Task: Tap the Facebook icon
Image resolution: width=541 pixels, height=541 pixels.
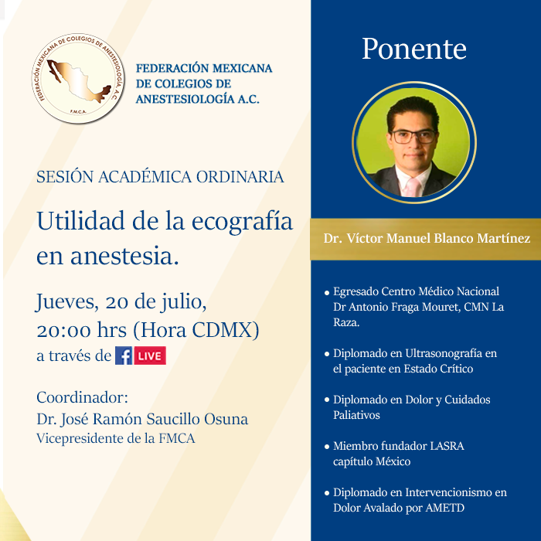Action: click(123, 356)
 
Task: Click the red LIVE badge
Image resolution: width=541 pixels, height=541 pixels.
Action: click(150, 356)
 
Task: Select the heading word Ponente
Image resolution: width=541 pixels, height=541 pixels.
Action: click(414, 49)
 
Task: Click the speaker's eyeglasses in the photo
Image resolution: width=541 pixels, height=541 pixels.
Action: click(413, 136)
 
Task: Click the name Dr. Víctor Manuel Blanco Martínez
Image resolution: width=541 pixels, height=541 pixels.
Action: click(427, 239)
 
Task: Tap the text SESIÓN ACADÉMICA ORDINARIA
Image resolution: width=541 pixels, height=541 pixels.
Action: click(160, 177)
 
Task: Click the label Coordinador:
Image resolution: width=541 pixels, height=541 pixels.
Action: click(82, 397)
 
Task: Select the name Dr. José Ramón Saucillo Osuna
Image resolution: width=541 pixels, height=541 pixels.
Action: click(142, 419)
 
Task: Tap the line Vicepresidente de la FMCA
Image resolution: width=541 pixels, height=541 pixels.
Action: click(116, 438)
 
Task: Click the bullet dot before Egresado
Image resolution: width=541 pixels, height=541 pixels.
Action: click(327, 293)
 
